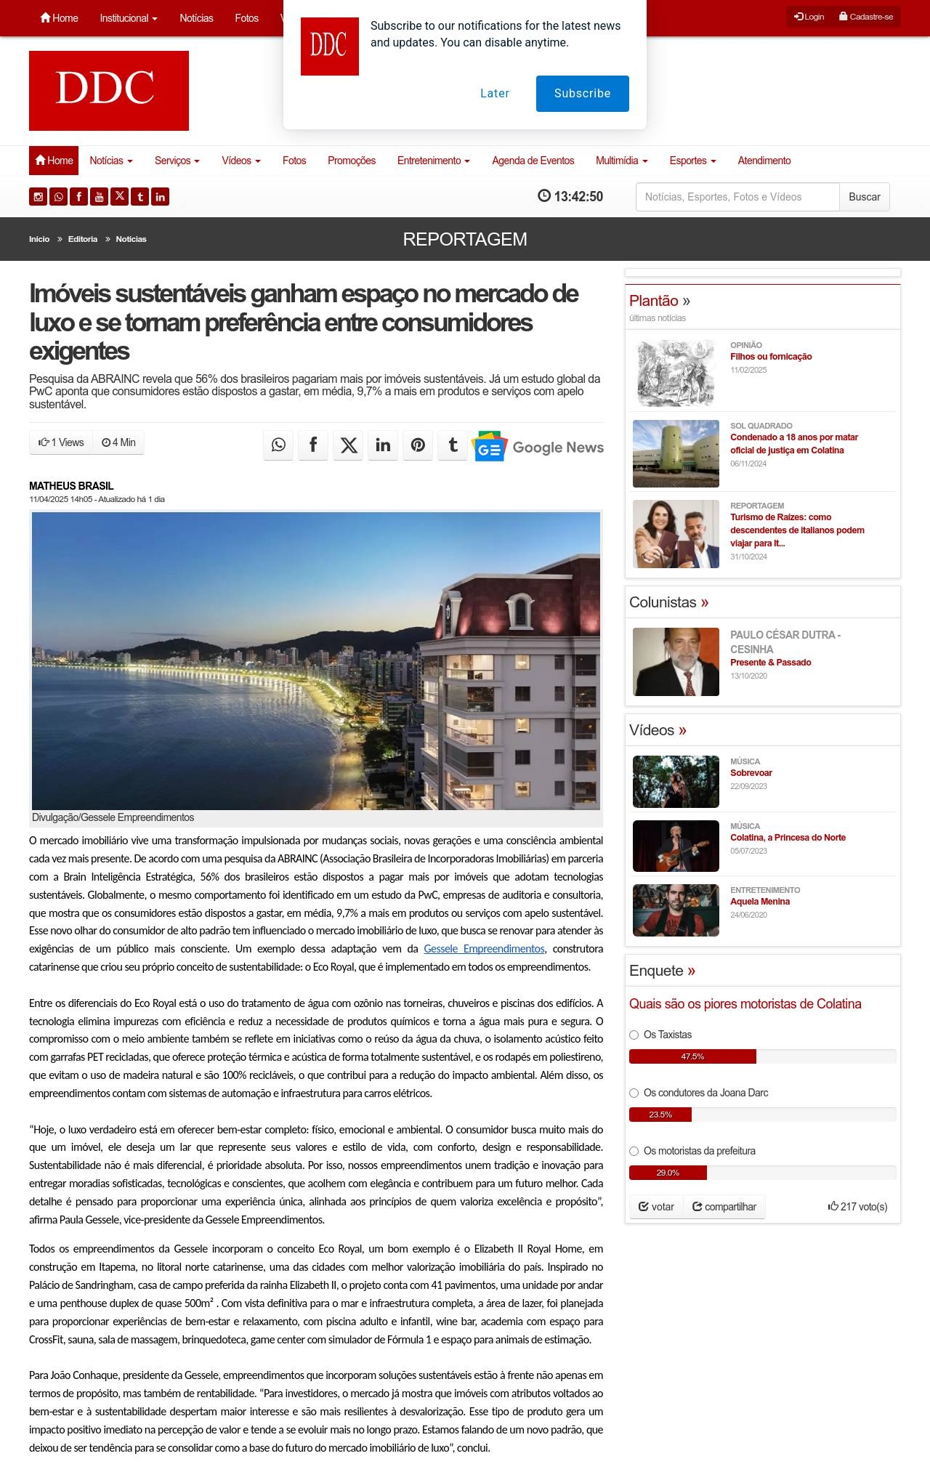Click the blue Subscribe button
click(582, 94)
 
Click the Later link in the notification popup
click(495, 94)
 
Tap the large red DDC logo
click(109, 91)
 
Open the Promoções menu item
click(352, 161)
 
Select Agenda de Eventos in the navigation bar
click(533, 161)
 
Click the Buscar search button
click(864, 197)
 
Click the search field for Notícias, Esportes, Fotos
click(737, 197)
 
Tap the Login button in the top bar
click(809, 17)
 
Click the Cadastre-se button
click(866, 17)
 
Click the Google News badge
click(538, 447)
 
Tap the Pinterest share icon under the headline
click(418, 445)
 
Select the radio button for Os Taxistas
click(634, 1035)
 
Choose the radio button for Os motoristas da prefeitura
click(634, 1151)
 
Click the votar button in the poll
click(656, 1207)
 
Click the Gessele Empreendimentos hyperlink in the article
click(484, 949)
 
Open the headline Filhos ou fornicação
click(771, 357)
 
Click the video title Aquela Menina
click(760, 902)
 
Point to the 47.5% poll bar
click(692, 1056)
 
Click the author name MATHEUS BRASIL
click(71, 486)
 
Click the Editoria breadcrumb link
click(83, 239)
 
